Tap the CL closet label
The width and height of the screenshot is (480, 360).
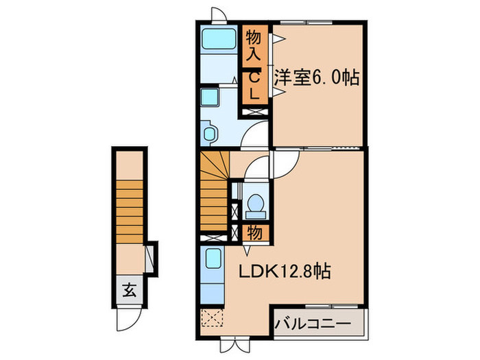254,86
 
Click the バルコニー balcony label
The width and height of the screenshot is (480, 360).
313,323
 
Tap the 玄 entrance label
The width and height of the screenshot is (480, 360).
130,289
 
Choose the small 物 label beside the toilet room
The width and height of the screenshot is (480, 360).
254,232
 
